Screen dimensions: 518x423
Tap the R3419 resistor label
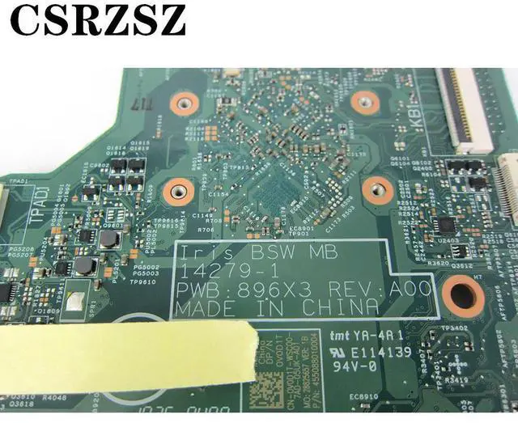(x=456, y=379)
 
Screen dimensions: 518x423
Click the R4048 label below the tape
(x=56, y=396)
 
